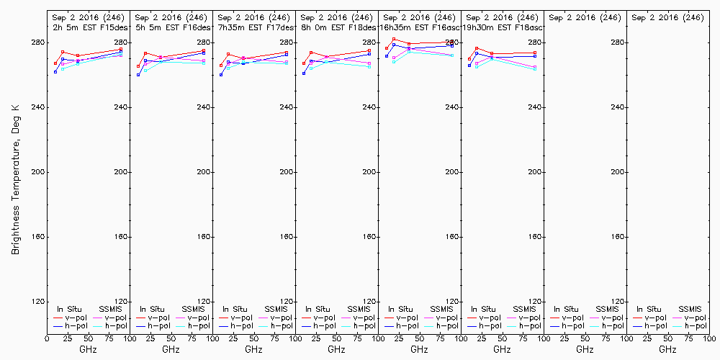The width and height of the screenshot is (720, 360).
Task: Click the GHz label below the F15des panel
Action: click(x=88, y=349)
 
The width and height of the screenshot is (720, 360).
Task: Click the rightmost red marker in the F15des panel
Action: click(x=121, y=50)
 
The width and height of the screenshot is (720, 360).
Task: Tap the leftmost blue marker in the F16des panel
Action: click(x=138, y=75)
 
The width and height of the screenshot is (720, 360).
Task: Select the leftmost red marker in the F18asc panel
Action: click(x=469, y=59)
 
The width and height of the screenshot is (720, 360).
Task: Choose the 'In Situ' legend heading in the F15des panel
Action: click(x=71, y=309)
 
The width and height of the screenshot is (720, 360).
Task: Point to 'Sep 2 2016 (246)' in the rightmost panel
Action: click(x=667, y=17)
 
